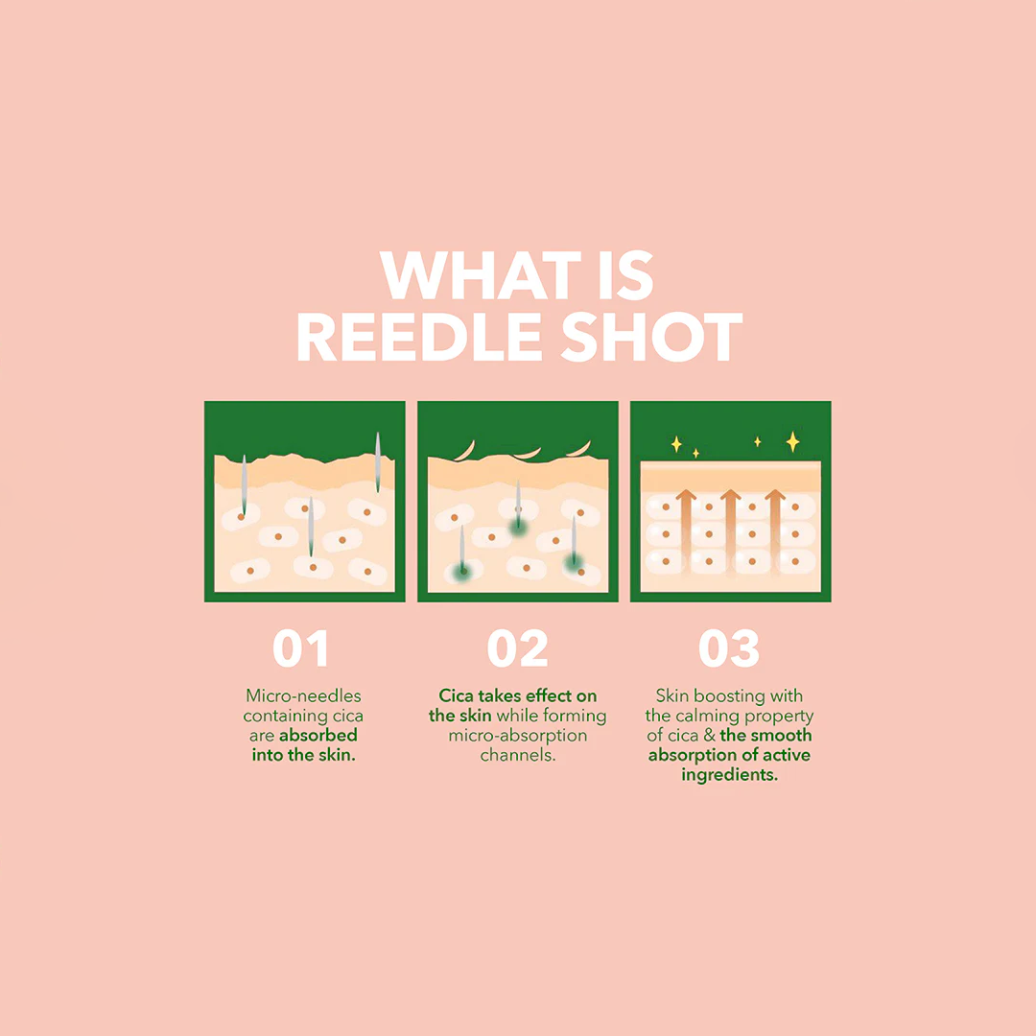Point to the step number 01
point(301,649)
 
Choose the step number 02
point(517,649)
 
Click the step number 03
point(729,649)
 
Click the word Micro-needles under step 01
point(303,695)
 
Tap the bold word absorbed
point(318,736)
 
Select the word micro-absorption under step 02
point(518,736)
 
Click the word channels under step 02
point(518,756)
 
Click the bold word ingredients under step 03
point(729,775)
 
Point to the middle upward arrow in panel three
point(731,528)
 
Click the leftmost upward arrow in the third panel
point(686,528)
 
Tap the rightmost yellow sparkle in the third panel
point(792,441)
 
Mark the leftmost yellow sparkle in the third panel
point(676,443)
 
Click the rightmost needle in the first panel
point(378,460)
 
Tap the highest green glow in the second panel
point(519,524)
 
